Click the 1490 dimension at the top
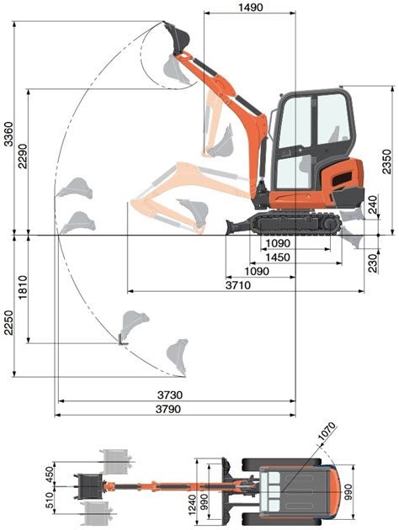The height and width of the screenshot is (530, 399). tap(250, 7)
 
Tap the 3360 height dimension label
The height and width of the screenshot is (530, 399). tap(8, 135)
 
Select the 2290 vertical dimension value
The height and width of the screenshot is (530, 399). tap(23, 156)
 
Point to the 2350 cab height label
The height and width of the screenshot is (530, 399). tap(386, 162)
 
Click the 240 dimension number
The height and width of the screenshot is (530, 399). tap(372, 204)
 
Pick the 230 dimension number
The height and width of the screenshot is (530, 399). tap(372, 263)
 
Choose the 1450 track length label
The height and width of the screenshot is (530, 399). tap(278, 257)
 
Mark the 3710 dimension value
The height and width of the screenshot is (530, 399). tap(238, 286)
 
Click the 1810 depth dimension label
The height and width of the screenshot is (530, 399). tap(23, 288)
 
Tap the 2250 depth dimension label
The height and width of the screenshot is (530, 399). tap(8, 323)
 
